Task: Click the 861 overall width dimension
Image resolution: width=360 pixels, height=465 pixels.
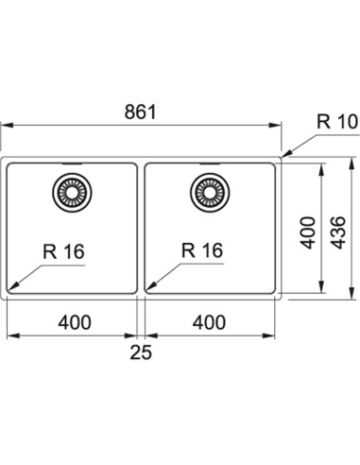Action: click(x=140, y=112)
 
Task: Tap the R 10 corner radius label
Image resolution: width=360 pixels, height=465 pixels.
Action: click(x=337, y=122)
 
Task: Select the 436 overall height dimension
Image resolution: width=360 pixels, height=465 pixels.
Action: click(x=338, y=232)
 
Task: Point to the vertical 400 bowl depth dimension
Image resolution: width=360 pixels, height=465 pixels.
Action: click(x=307, y=232)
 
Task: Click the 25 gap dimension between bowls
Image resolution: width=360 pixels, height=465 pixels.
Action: click(x=141, y=352)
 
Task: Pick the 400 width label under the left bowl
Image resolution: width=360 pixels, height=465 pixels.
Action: click(x=75, y=322)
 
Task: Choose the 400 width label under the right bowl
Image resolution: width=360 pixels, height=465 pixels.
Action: click(x=209, y=322)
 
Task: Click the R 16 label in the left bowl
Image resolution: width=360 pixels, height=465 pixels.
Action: click(x=63, y=251)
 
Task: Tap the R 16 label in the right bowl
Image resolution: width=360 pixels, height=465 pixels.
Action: click(x=202, y=250)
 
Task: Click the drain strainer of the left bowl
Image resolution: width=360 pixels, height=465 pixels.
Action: click(x=72, y=193)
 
